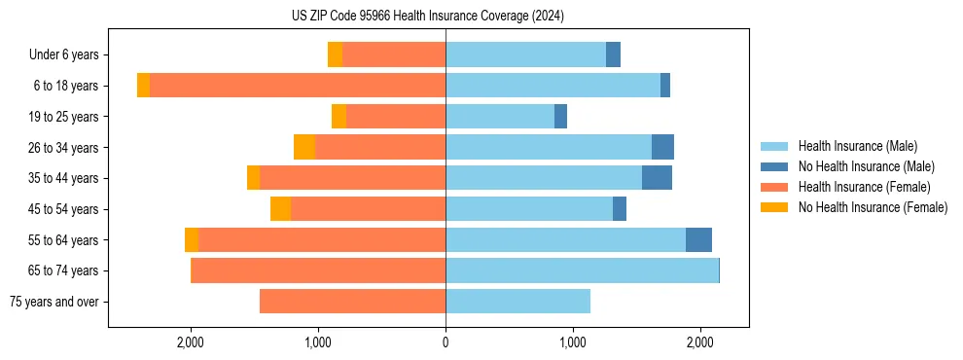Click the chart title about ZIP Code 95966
pyautogui.click(x=427, y=16)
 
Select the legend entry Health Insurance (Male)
pyautogui.click(x=857, y=146)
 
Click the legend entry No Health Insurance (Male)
pyautogui.click(x=866, y=166)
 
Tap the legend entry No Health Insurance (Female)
pyautogui.click(x=873, y=207)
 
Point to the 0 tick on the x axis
pyautogui.click(x=446, y=342)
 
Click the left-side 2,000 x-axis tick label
pyautogui.click(x=190, y=342)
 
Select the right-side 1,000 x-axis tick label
pyautogui.click(x=573, y=342)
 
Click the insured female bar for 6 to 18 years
pyautogui.click(x=298, y=86)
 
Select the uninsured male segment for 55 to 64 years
pyautogui.click(x=698, y=239)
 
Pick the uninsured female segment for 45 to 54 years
pyautogui.click(x=280, y=209)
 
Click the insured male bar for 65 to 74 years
pyautogui.click(x=582, y=270)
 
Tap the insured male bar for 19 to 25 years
pyautogui.click(x=500, y=117)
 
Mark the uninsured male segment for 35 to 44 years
pyautogui.click(x=657, y=178)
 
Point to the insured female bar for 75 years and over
pyautogui.click(x=352, y=302)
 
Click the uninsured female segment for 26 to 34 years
pyautogui.click(x=304, y=148)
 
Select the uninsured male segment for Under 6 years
pyautogui.click(x=613, y=55)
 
